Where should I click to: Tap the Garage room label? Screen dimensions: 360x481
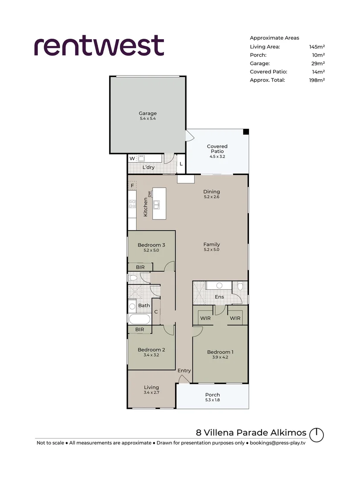click(147, 113)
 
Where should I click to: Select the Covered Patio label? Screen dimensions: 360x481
click(217, 149)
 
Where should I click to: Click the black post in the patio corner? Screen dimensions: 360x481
click(246, 131)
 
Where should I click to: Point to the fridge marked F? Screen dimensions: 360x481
click(132, 186)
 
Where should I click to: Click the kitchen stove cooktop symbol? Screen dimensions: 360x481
click(132, 204)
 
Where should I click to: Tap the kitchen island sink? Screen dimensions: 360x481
click(156, 204)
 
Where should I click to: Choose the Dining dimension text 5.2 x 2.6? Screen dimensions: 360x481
click(212, 197)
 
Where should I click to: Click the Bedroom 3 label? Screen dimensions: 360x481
click(151, 245)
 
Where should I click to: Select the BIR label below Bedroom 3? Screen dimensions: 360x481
click(140, 267)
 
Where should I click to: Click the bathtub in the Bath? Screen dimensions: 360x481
click(139, 319)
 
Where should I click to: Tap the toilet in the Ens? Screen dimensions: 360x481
click(240, 286)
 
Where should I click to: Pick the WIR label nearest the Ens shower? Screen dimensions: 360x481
click(205, 318)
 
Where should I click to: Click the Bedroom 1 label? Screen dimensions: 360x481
click(220, 352)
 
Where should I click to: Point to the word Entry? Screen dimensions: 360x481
click(184, 371)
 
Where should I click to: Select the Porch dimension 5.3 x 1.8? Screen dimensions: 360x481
click(213, 400)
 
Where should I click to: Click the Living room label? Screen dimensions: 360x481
click(151, 387)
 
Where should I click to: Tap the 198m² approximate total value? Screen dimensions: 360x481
click(317, 80)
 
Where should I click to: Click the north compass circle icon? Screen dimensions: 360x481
click(316, 435)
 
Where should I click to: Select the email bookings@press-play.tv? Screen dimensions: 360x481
click(278, 443)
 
